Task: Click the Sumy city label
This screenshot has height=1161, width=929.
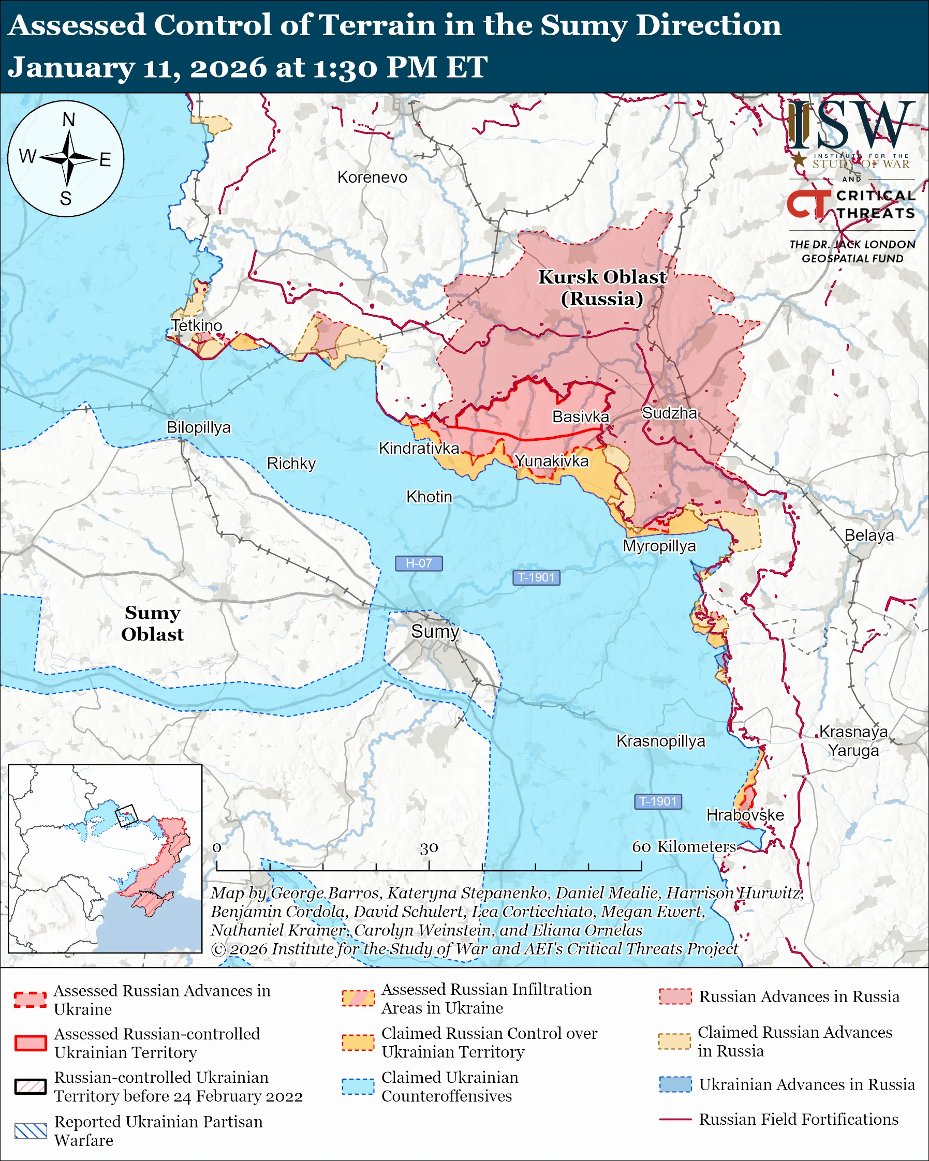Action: [x=435, y=631]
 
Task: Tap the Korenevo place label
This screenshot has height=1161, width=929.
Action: [x=372, y=177]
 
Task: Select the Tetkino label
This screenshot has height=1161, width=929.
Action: [x=197, y=325]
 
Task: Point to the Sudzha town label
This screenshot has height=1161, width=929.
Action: [x=669, y=413]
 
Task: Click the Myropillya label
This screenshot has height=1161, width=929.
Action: [x=659, y=546]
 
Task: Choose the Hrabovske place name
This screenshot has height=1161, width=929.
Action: [x=745, y=815]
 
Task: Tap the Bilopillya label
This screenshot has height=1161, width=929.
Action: [x=198, y=427]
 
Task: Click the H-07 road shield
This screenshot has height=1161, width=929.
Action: [x=419, y=563]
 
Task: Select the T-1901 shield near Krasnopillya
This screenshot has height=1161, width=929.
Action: [x=658, y=801]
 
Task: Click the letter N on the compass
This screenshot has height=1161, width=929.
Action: [x=68, y=120]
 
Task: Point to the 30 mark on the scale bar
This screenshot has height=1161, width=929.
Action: [x=429, y=848]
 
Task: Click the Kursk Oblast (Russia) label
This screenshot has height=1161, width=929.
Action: [x=602, y=288]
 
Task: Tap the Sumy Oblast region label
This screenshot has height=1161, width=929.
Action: [x=152, y=623]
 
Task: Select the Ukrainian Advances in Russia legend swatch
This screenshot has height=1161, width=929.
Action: [x=675, y=1084]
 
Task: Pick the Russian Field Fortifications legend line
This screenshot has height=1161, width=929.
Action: [x=675, y=1119]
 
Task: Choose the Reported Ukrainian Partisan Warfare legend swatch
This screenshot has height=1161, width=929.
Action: [x=31, y=1131]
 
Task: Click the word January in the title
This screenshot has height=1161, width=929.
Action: [x=70, y=68]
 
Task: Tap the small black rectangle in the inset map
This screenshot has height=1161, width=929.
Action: [x=127, y=815]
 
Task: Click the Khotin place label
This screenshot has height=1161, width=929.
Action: [x=429, y=497]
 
